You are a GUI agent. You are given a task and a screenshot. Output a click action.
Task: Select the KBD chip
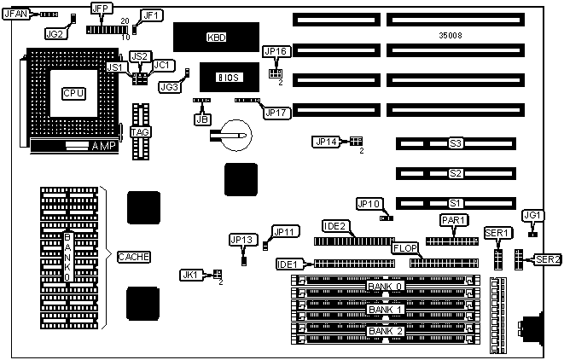click(x=216, y=38)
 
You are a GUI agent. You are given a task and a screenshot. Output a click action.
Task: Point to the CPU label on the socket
click(x=73, y=92)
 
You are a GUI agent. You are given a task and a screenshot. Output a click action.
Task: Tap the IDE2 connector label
click(x=334, y=226)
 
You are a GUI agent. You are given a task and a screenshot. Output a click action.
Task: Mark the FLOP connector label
click(x=404, y=248)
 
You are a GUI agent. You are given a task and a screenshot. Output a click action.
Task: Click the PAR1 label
click(x=453, y=220)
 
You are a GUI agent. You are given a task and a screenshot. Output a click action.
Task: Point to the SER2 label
click(x=546, y=259)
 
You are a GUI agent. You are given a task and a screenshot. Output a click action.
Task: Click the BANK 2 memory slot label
click(x=383, y=330)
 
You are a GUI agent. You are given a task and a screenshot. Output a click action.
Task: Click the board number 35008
click(x=451, y=38)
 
